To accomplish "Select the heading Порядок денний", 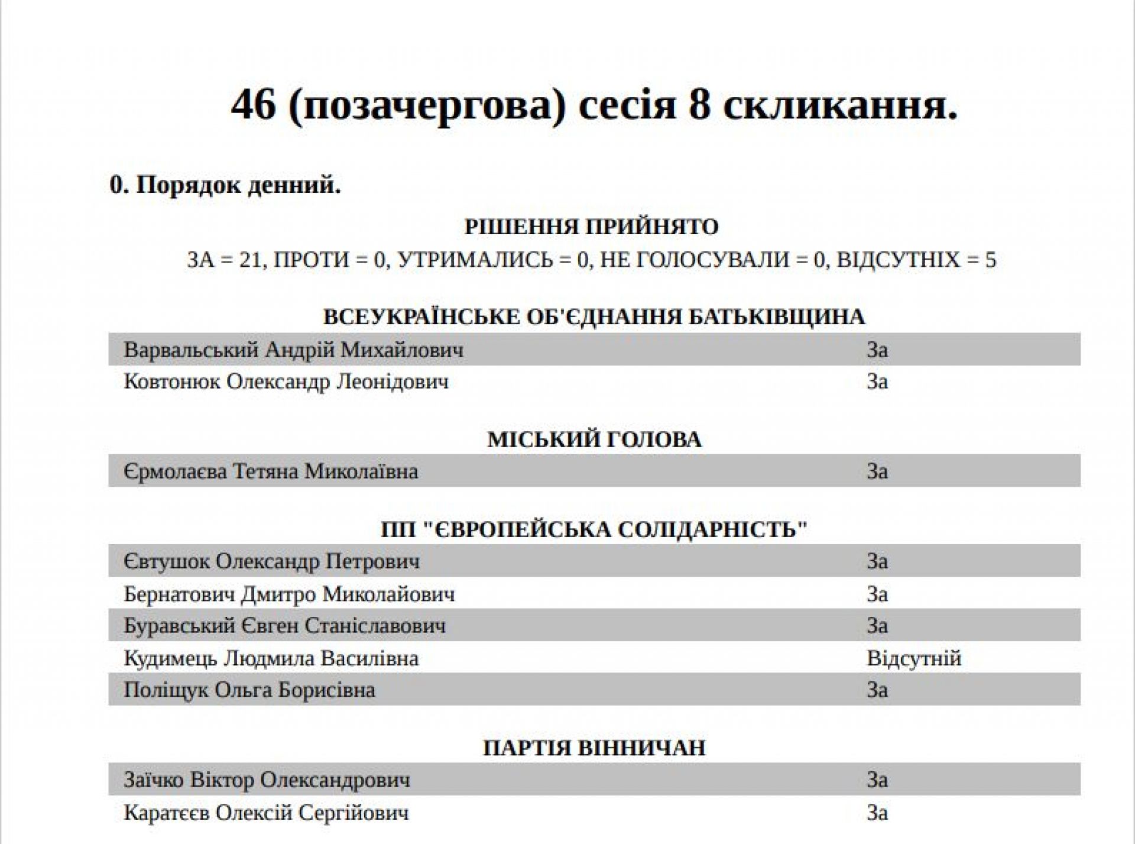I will tap(225, 185).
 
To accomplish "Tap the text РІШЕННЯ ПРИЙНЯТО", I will tap(592, 227).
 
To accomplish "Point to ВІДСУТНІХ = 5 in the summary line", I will tap(917, 260).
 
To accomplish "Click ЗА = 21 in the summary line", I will tap(224, 260).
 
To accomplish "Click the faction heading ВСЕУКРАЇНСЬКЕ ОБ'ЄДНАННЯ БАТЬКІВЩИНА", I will tap(594, 317).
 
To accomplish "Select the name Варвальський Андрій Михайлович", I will tap(294, 350).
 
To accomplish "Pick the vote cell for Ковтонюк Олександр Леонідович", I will tap(877, 381).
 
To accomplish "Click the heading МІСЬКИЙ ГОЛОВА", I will tap(594, 440).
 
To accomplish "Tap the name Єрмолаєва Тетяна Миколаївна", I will tap(271, 471).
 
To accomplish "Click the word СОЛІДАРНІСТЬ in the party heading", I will tap(712, 529).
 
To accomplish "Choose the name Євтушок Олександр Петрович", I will tap(272, 561).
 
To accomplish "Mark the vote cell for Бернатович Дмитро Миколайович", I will tap(877, 594).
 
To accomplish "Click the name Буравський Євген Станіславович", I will tap(284, 626).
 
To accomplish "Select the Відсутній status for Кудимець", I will tap(914, 658).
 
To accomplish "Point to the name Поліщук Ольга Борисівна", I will tap(249, 690).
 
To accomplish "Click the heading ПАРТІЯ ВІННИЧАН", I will tap(594, 748).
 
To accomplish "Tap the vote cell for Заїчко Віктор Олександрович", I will tap(877, 780).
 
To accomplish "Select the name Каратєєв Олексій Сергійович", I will tap(266, 813).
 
